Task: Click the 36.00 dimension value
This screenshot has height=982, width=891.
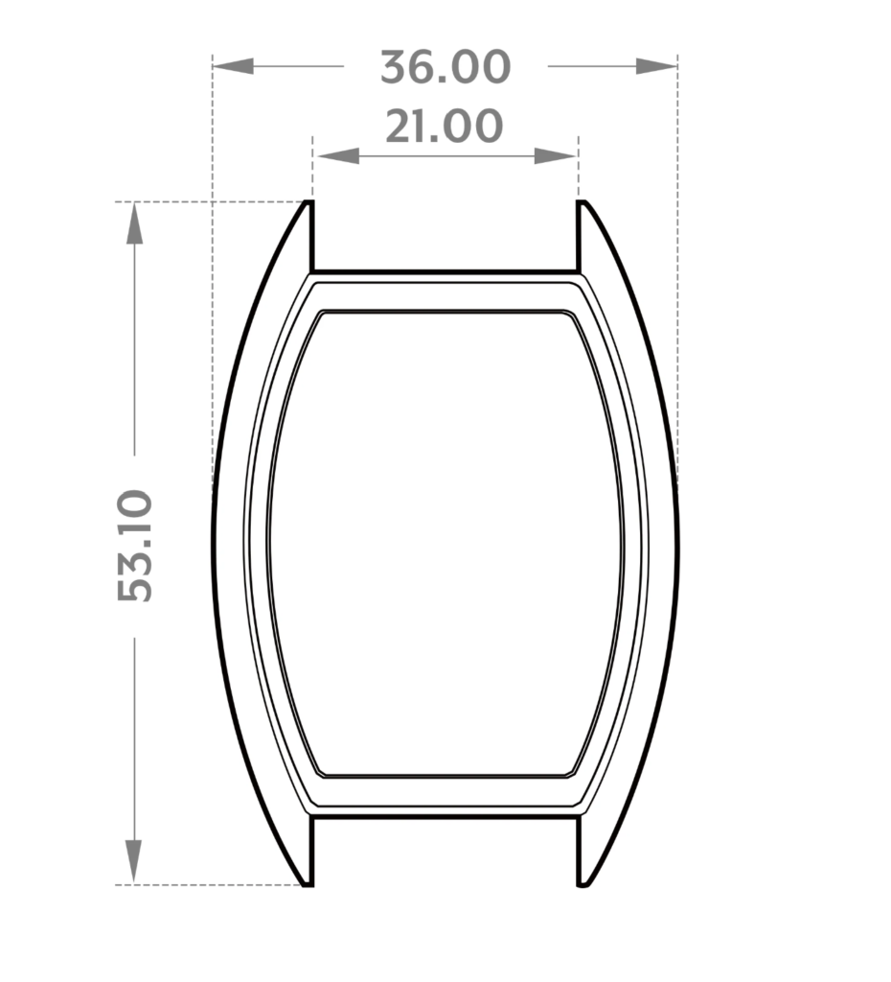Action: pyautogui.click(x=445, y=67)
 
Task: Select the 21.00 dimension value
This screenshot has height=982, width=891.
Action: pyautogui.click(x=445, y=126)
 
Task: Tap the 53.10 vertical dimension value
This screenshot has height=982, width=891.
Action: pyautogui.click(x=134, y=546)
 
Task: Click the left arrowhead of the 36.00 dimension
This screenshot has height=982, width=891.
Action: pyautogui.click(x=233, y=66)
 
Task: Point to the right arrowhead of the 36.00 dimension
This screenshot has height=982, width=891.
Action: pyautogui.click(x=657, y=66)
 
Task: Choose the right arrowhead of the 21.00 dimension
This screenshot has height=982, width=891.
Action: pyautogui.click(x=555, y=156)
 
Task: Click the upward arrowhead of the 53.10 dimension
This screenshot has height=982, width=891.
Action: pyautogui.click(x=134, y=222)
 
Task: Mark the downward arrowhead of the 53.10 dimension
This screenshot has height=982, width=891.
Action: pyautogui.click(x=134, y=862)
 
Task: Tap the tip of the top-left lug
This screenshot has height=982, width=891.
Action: pyautogui.click(x=308, y=201)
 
